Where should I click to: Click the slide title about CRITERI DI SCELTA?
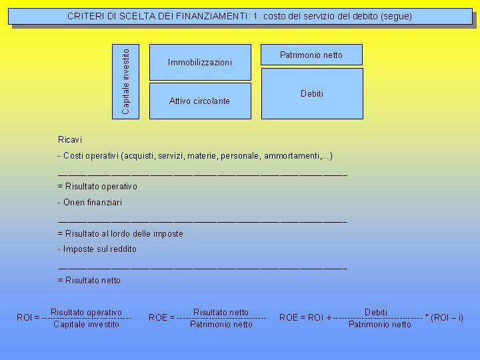[240, 15]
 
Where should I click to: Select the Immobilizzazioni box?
[200, 63]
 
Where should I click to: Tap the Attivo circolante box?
[199, 101]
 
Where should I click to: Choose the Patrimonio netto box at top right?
[311, 55]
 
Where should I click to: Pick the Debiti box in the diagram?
[312, 94]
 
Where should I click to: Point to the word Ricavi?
[70, 140]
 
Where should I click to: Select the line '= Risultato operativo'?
[97, 187]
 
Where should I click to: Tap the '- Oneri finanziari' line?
[90, 202]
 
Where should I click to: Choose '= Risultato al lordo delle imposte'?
[120, 233]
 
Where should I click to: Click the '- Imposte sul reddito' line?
[97, 249]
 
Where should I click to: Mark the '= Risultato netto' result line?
[89, 280]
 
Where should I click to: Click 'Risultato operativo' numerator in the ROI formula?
[86, 312]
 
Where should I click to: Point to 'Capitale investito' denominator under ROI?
[86, 325]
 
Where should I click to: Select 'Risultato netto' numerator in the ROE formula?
[221, 312]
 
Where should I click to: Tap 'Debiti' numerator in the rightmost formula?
[376, 312]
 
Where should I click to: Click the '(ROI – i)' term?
[447, 318]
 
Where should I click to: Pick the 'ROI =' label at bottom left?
[27, 318]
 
